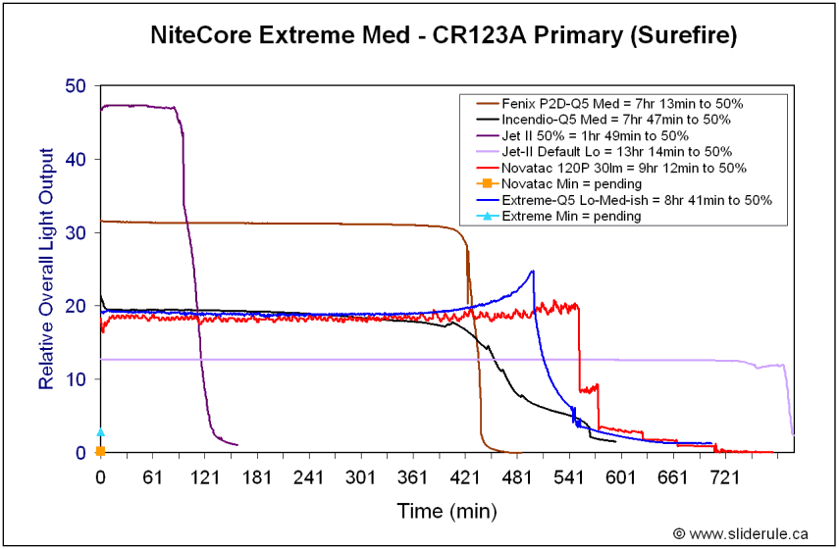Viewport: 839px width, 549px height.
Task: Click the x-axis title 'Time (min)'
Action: pyautogui.click(x=446, y=511)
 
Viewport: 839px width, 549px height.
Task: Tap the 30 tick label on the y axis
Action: pyautogui.click(x=78, y=232)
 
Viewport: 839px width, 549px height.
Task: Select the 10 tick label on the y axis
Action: pyautogui.click(x=78, y=379)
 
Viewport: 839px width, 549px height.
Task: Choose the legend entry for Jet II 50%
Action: pyautogui.click(x=595, y=135)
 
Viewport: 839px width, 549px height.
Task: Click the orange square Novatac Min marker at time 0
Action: pyautogui.click(x=100, y=451)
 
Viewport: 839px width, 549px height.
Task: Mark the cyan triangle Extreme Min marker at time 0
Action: pyautogui.click(x=100, y=431)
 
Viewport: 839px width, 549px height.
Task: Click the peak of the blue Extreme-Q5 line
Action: pyautogui.click(x=533, y=271)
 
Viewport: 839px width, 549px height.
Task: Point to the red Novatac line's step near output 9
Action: pyautogui.click(x=589, y=389)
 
